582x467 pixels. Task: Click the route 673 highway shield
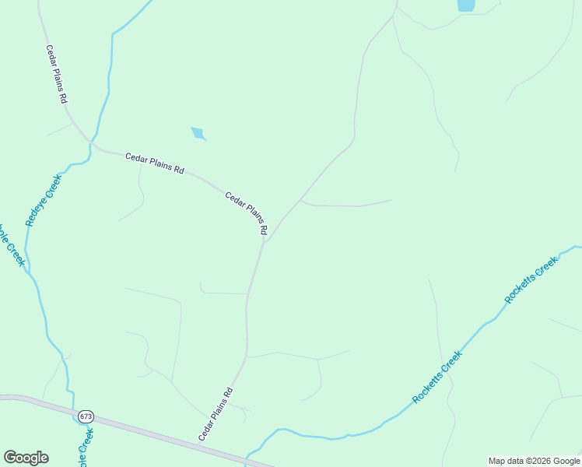click(86, 416)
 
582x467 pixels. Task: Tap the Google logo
click(26, 458)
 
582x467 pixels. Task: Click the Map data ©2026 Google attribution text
click(535, 461)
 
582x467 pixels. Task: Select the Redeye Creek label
click(44, 201)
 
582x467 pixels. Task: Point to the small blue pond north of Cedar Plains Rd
click(198, 133)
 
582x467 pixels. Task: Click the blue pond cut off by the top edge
click(466, 5)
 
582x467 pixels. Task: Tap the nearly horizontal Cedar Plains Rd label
click(154, 163)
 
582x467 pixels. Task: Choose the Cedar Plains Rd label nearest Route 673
click(216, 414)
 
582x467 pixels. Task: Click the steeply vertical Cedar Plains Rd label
click(57, 74)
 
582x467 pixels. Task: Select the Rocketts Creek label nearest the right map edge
click(531, 280)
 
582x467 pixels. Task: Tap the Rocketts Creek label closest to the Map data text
click(437, 377)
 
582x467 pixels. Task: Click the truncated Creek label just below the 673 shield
click(87, 446)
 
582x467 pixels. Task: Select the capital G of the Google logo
click(10, 457)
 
